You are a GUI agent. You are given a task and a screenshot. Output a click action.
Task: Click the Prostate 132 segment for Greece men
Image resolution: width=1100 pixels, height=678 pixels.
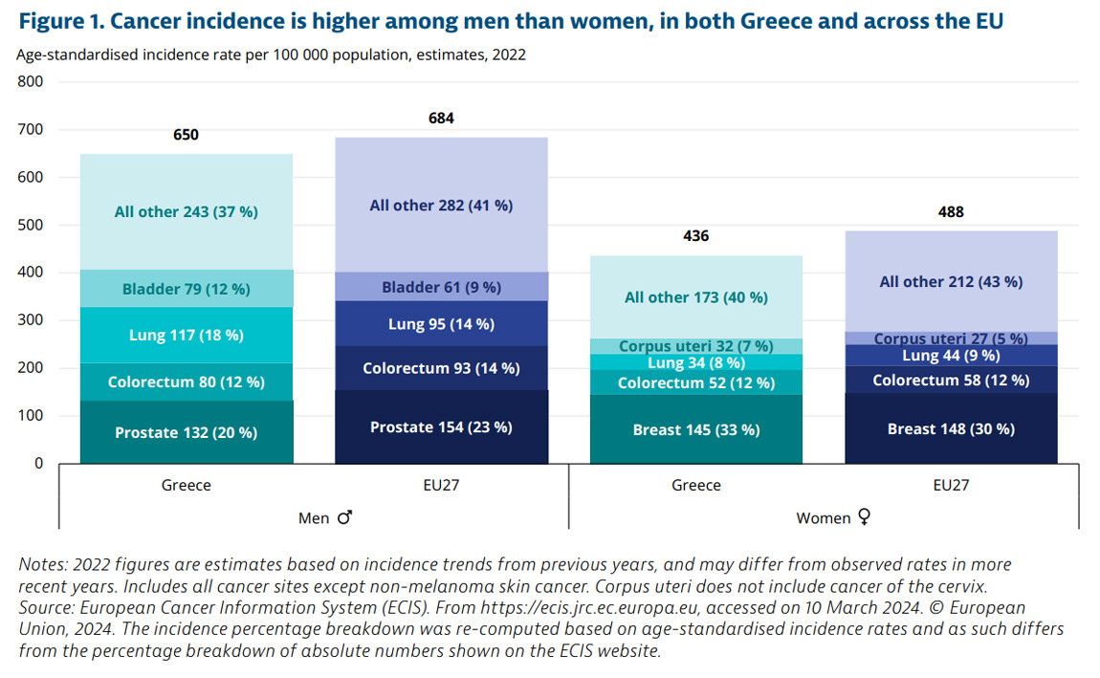(x=186, y=432)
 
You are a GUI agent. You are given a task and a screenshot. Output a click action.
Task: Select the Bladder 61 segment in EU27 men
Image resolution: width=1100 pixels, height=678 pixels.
(x=441, y=287)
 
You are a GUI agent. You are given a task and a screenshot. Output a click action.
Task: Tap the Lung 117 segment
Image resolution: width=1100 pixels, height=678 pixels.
(x=186, y=335)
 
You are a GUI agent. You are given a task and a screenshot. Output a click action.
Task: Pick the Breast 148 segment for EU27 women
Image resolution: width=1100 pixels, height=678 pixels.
(x=951, y=428)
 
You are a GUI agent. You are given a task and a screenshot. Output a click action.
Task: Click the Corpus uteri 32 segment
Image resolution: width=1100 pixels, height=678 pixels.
(x=695, y=346)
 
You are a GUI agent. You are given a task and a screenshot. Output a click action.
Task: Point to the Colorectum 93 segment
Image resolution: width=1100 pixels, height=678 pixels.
(x=441, y=368)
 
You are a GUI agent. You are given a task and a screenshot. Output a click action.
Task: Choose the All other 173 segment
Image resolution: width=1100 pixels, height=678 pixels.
(x=695, y=297)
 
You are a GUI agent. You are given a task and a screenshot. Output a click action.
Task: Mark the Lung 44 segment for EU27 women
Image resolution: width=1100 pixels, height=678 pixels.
(x=951, y=356)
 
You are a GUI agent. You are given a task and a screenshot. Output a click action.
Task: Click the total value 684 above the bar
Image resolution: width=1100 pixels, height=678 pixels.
(x=441, y=119)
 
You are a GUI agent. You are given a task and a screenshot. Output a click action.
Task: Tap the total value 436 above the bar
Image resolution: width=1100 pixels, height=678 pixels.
(x=695, y=236)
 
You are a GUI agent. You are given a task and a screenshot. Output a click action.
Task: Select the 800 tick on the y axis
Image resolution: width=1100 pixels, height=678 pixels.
(x=32, y=82)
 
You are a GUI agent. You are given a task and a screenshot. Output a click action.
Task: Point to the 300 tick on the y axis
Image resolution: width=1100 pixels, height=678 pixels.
(x=32, y=320)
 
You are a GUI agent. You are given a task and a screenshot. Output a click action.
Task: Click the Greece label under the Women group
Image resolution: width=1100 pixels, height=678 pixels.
(x=695, y=485)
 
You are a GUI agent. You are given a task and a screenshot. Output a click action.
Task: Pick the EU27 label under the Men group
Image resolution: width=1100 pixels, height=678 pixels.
(x=441, y=485)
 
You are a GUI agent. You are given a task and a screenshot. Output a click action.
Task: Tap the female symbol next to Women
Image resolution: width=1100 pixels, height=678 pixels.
(x=864, y=517)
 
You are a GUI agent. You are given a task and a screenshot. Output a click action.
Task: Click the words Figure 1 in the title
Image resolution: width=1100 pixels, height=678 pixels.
(x=59, y=20)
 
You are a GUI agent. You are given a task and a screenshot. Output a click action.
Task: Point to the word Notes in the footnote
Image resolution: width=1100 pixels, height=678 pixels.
(x=42, y=565)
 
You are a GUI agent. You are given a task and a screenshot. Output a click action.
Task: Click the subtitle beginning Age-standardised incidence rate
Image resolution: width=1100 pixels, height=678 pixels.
(x=271, y=55)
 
